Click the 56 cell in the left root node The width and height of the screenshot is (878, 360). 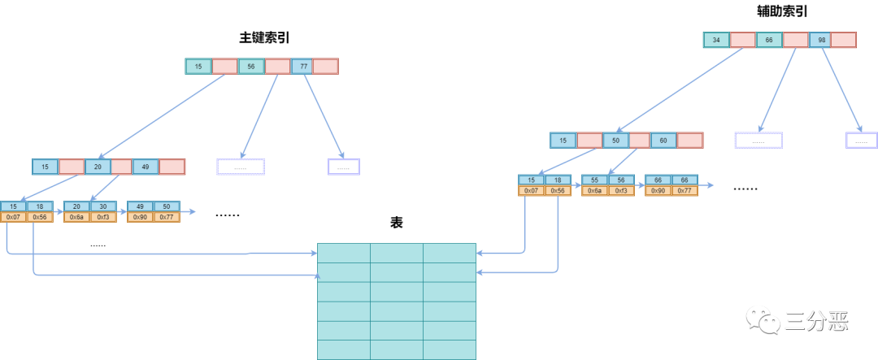pos(250,67)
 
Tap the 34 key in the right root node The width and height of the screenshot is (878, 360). pos(716,40)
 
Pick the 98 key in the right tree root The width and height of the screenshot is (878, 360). pos(821,40)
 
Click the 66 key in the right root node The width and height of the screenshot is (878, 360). pos(769,40)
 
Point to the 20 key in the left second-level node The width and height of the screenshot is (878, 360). pos(98,167)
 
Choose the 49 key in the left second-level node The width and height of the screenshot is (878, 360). pos(146,167)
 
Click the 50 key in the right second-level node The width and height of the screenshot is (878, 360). pos(615,141)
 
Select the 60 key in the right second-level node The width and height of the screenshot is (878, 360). pos(663,141)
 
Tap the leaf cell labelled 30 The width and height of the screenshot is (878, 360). pos(103,206)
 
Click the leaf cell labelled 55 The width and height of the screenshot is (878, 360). pos(595,180)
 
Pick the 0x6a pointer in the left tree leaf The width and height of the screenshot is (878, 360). pos(77,217)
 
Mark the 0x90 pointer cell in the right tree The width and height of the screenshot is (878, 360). pos(658,191)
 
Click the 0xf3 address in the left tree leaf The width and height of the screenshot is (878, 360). pos(103,217)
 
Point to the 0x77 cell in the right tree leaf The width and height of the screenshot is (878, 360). pos(685,191)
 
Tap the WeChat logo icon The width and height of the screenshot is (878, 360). pos(763,319)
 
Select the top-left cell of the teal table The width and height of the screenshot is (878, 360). pos(343,253)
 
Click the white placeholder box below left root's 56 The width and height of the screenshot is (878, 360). pos(241,167)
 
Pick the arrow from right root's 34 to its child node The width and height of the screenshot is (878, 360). pos(679,89)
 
